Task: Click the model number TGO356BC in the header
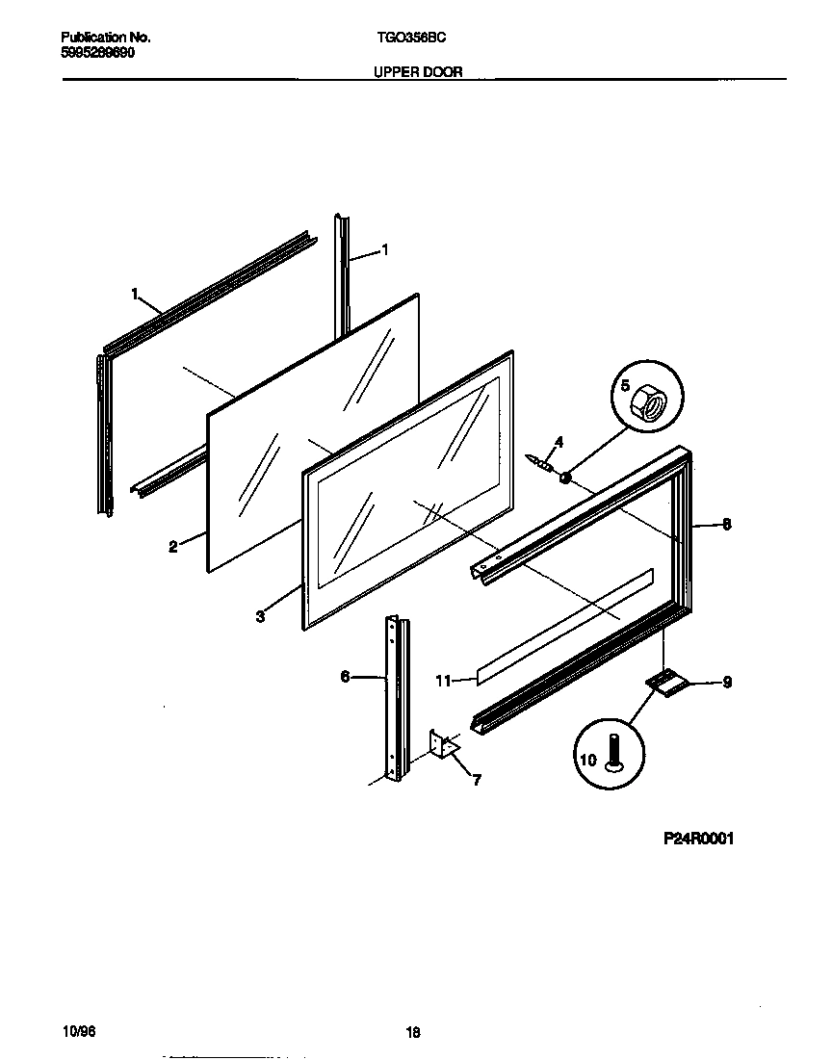[x=410, y=38]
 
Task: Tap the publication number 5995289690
[x=94, y=52]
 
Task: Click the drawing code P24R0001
[x=698, y=839]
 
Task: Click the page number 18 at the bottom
[x=413, y=1032]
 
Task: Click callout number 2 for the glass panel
[x=172, y=547]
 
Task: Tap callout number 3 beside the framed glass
[x=261, y=617]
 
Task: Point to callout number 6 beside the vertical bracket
[x=345, y=677]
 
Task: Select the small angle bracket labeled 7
[x=444, y=746]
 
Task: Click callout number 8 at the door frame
[x=726, y=525]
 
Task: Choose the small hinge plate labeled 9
[x=665, y=682]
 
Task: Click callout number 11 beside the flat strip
[x=443, y=681]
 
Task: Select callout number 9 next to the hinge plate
[x=727, y=683]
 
